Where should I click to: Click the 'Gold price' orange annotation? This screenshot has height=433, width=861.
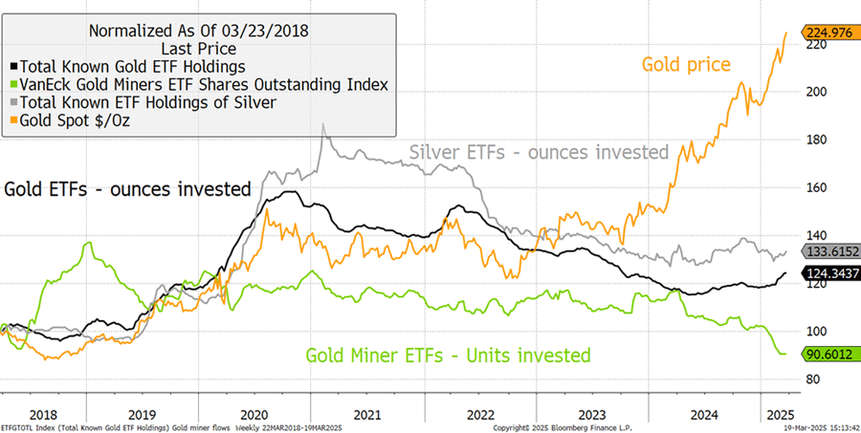(687, 65)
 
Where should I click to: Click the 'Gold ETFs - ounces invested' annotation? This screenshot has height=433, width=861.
(127, 188)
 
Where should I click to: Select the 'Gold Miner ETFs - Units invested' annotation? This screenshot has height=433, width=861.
(448, 356)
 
